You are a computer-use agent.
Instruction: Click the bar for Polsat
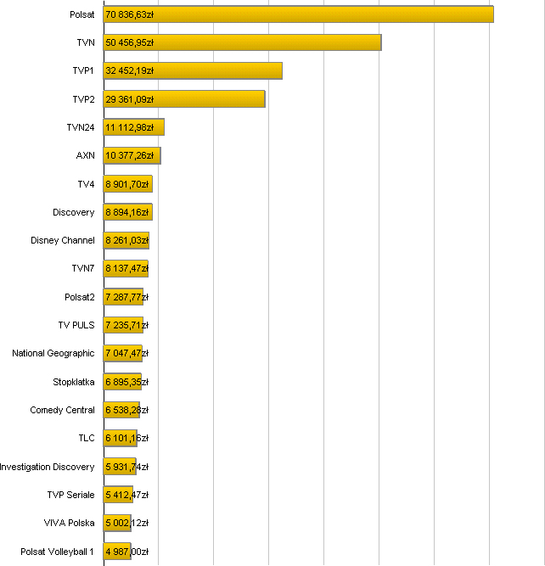[298, 14]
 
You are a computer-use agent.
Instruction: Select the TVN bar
[242, 42]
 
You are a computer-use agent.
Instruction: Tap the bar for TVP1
[193, 70]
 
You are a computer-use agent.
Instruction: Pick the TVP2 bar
[184, 99]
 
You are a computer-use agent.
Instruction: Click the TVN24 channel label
[81, 127]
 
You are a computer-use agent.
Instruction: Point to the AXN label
[86, 155]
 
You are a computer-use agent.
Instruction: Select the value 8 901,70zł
[127, 184]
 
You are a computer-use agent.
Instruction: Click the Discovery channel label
[74, 212]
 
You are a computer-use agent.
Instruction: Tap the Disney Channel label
[63, 240]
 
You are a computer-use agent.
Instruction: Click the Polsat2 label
[80, 297]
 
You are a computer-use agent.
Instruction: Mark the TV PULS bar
[123, 325]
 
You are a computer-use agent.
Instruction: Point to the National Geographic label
[53, 353]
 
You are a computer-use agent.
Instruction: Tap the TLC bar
[121, 438]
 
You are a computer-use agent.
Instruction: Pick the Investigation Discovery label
[48, 467]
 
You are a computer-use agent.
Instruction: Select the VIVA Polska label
[70, 523]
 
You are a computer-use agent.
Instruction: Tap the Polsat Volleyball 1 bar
[117, 552]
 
